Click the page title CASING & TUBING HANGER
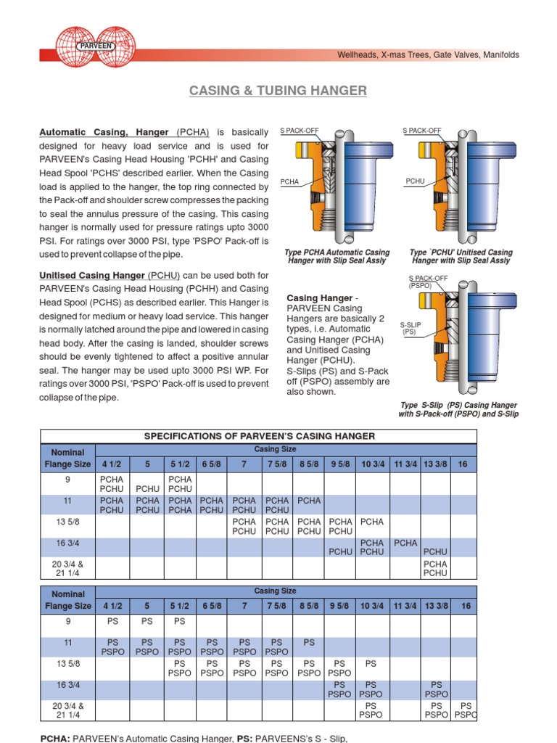pos(278,91)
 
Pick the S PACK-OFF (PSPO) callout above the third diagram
pos(428,282)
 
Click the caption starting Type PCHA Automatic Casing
pos(337,256)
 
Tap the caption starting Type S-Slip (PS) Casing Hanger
pos(458,410)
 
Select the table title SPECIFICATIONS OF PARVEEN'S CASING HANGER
pos(259,436)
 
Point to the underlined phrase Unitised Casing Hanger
pos(92,276)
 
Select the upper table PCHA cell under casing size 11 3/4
pos(405,543)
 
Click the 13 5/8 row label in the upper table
pos(67,521)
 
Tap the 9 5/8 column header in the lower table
pos(340,606)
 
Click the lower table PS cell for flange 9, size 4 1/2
pos(112,621)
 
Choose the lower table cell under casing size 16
pos(466,710)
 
